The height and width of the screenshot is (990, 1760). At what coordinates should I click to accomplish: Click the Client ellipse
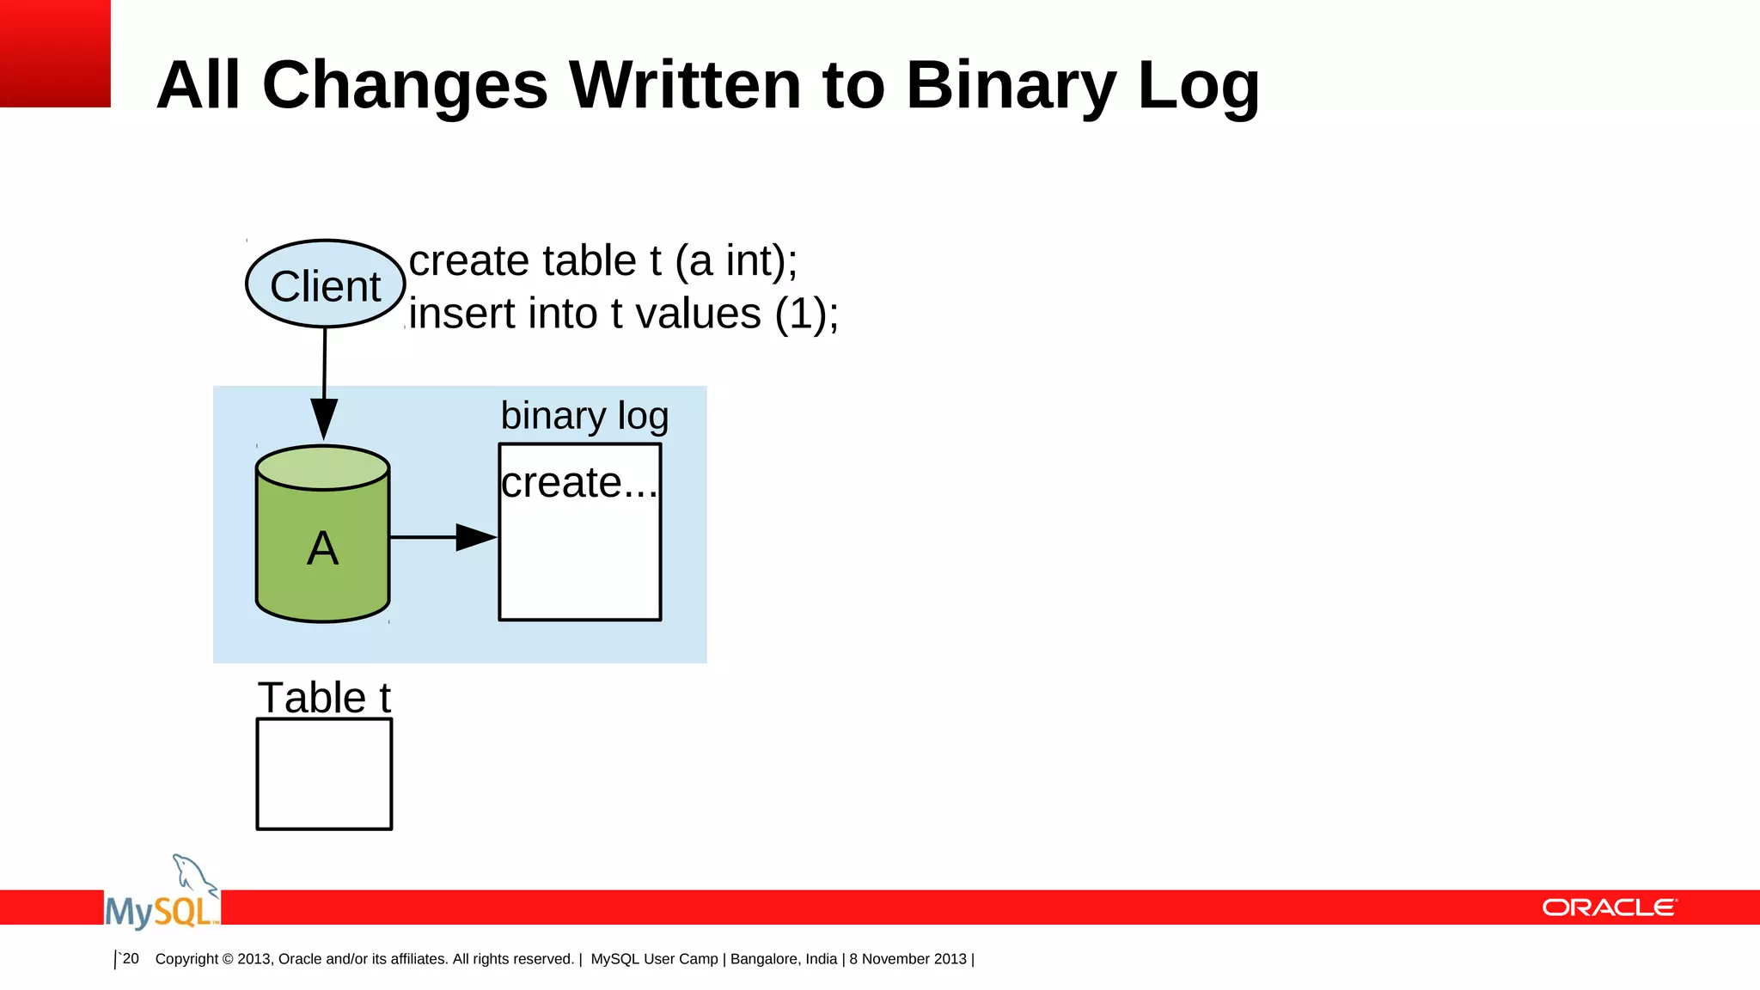click(325, 284)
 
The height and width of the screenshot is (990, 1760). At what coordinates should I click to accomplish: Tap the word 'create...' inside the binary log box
click(578, 483)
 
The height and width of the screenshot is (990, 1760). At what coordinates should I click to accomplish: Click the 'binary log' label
click(584, 416)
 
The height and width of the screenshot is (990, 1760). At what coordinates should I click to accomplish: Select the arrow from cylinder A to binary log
click(443, 537)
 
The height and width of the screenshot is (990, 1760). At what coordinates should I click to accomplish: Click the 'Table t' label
click(324, 697)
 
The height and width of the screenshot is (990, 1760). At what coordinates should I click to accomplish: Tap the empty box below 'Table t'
click(324, 773)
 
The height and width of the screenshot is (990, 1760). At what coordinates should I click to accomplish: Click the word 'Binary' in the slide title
click(1011, 86)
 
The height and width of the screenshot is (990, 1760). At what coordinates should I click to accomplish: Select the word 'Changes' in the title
click(405, 86)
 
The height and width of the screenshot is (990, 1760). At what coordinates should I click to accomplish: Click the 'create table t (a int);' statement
click(602, 260)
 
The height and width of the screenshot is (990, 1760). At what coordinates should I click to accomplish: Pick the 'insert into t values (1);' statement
click(623, 314)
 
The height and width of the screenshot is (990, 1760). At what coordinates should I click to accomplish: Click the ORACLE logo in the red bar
click(1609, 907)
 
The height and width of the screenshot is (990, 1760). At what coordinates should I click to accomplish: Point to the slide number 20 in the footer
click(130, 958)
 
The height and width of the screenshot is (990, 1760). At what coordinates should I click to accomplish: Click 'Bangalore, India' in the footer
click(783, 959)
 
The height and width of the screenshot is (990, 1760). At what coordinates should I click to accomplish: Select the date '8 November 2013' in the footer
click(907, 959)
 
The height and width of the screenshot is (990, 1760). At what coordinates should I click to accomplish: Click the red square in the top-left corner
click(55, 53)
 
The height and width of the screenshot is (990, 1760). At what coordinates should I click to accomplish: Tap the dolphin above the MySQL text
click(193, 875)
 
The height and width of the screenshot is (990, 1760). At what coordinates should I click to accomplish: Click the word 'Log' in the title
click(1198, 86)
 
